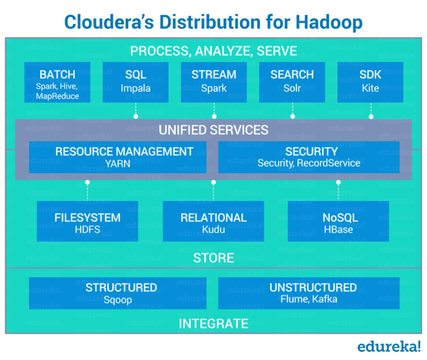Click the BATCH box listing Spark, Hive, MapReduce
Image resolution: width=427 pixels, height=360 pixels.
click(x=57, y=82)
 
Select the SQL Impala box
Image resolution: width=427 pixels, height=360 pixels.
click(x=136, y=82)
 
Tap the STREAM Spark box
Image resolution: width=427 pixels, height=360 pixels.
click(x=213, y=82)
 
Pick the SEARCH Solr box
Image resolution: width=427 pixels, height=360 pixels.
click(x=292, y=82)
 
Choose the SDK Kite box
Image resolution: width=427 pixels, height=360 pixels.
click(x=370, y=82)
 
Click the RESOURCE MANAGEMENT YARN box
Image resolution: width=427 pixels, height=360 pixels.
click(x=117, y=157)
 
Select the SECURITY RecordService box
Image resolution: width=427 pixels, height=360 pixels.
click(x=309, y=157)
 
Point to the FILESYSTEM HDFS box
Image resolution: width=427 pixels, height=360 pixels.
click(x=87, y=222)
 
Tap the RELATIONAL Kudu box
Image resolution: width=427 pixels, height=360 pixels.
click(x=213, y=222)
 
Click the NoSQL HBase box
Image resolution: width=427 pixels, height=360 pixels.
click(x=339, y=222)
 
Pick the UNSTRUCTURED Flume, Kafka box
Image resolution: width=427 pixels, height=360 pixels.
click(x=309, y=293)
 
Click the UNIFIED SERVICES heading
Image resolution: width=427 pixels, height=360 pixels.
click(x=213, y=130)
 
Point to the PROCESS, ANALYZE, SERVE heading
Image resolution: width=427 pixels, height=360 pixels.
click(x=213, y=51)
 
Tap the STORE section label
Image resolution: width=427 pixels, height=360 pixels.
click(x=213, y=258)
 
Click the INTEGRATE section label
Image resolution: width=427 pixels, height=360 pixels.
click(x=213, y=323)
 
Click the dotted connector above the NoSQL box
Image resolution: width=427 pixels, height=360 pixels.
click(x=339, y=191)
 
